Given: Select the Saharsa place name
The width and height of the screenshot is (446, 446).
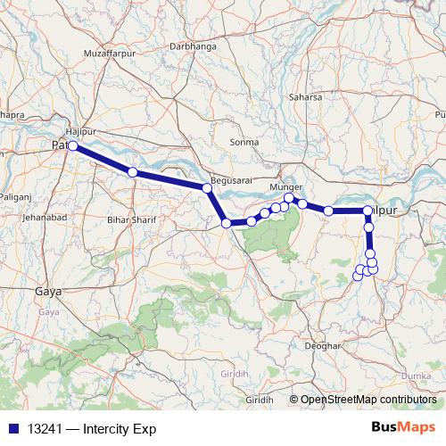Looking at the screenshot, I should (x=305, y=96).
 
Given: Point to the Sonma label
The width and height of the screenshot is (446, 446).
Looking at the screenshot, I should (x=244, y=142).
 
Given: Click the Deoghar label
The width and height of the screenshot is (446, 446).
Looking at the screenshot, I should (x=323, y=344).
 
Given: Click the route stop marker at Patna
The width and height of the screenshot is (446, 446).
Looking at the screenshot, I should (x=73, y=145).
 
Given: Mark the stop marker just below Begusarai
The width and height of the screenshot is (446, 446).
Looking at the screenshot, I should (x=206, y=187).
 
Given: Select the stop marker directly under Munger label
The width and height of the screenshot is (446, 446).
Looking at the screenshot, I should (x=288, y=198).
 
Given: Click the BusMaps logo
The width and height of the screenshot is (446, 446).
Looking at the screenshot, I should (x=404, y=427).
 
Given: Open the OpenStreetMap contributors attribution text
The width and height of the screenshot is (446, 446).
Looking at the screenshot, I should (x=368, y=400).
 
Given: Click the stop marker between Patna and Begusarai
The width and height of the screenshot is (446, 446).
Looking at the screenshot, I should (x=132, y=171).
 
